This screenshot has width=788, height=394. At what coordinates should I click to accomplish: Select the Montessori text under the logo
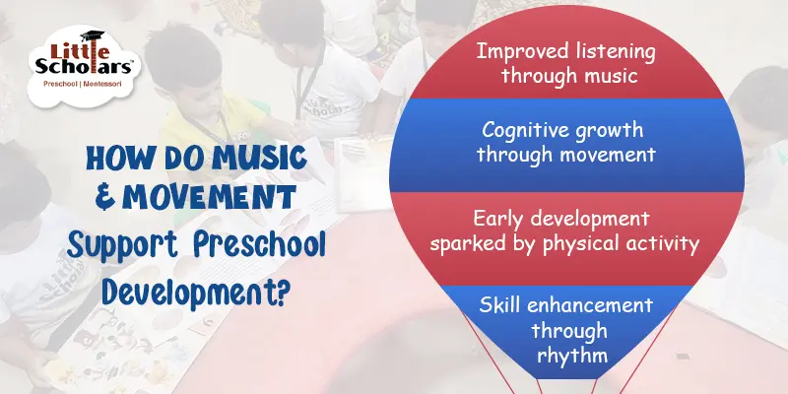click(x=109, y=85)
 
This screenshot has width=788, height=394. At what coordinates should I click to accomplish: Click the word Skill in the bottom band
click(x=501, y=309)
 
